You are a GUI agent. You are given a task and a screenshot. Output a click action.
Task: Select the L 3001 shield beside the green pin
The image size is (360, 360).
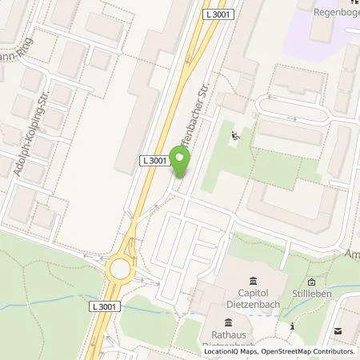point(154,161)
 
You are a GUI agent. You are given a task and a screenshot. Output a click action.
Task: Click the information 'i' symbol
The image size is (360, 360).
point(292,326)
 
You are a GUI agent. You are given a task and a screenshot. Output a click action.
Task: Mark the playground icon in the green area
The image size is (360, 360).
point(234,137)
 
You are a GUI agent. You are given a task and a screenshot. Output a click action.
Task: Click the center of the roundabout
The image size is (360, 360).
point(122,269)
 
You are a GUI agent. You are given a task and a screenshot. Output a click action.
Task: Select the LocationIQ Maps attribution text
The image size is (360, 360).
point(229,351)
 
